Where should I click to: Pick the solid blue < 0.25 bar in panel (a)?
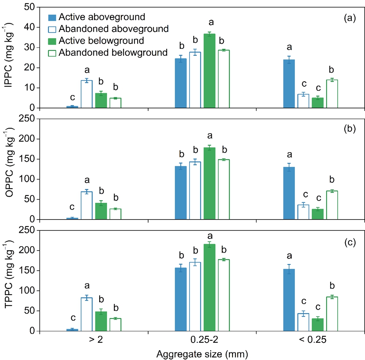tap(289, 84)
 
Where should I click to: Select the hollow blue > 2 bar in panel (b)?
tap(87, 206)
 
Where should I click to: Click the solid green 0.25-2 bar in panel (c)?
tap(210, 288)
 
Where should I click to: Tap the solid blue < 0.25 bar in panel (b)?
tap(289, 193)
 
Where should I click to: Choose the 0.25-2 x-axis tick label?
tap(202, 340)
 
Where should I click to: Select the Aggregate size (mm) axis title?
tap(203, 353)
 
